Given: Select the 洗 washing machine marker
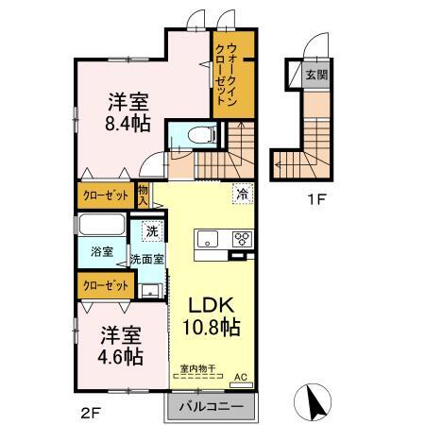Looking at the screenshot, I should (x=151, y=229).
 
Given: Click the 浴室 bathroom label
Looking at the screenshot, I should (x=102, y=253).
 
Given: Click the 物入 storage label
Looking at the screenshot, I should (x=143, y=195).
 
